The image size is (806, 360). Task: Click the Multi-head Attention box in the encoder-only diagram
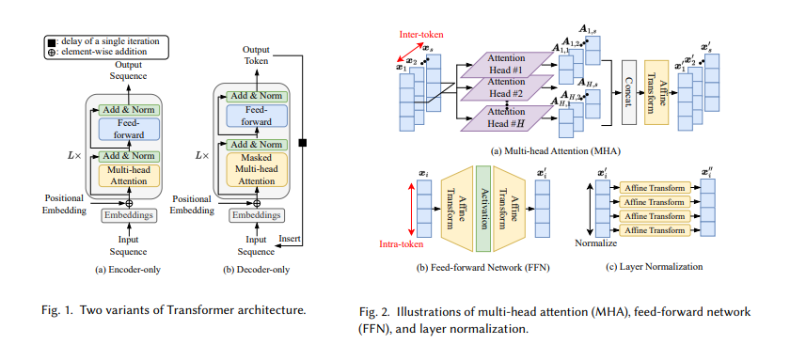pos(125,176)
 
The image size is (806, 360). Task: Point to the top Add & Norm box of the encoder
pos(125,109)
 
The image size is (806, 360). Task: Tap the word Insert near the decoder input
pos(291,241)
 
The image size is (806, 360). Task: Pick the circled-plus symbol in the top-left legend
pos(51,53)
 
